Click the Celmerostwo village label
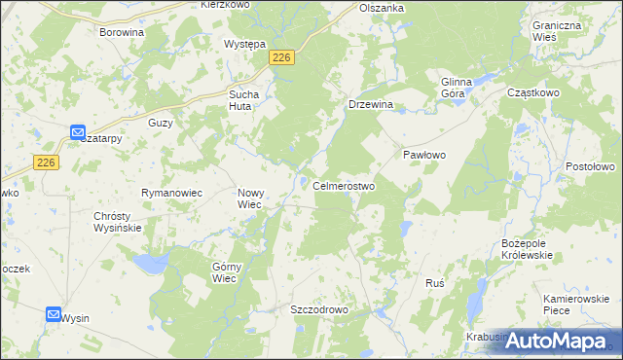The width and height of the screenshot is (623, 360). [344, 186]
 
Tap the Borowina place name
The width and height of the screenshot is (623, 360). [122, 32]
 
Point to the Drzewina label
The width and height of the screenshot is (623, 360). [370, 104]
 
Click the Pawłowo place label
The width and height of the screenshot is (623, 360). [424, 155]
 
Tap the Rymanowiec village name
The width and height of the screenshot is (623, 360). [171, 193]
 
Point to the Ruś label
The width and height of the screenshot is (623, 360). [435, 283]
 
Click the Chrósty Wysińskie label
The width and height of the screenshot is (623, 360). [118, 222]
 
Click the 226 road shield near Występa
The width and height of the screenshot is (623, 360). [281, 59]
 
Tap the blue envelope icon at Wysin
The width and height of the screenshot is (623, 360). [54, 314]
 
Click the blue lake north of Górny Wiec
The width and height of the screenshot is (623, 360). [149, 263]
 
